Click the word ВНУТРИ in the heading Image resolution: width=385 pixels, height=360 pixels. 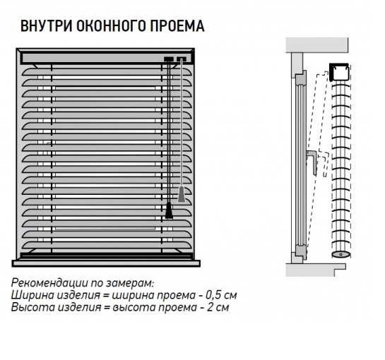(x=47, y=26)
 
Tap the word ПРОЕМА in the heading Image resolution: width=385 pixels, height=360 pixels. (x=177, y=26)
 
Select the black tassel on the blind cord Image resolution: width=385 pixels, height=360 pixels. (x=169, y=210)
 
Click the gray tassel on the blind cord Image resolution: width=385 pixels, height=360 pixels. (x=182, y=194)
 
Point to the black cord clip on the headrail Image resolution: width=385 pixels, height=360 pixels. (x=169, y=59)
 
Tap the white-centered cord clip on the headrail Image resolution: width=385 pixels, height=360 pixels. (x=182, y=59)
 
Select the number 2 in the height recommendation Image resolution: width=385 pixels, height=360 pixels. (x=211, y=307)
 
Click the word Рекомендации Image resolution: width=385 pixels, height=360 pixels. (x=49, y=283)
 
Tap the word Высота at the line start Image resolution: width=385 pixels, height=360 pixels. (x=32, y=307)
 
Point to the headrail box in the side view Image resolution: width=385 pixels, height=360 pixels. (x=339, y=73)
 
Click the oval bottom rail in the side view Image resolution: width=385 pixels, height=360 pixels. (x=340, y=255)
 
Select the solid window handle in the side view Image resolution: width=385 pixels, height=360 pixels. (x=312, y=162)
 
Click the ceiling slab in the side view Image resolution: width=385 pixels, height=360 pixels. (x=317, y=45)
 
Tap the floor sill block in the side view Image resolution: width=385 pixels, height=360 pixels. (x=316, y=270)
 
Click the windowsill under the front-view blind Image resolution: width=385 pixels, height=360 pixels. (x=106, y=263)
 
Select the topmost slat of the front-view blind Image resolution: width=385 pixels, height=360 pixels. (x=107, y=72)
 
